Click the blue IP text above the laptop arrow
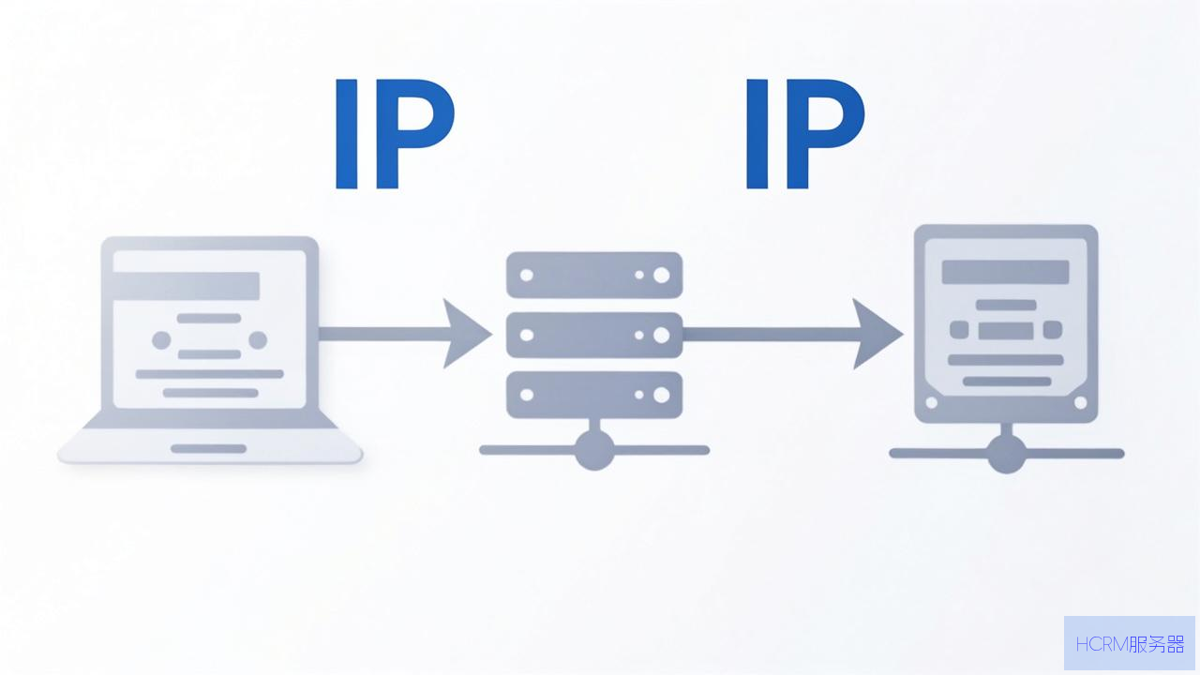395,134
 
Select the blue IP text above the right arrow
805,134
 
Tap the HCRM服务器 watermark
1130,644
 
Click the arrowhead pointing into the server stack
464,334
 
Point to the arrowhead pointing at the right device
876,334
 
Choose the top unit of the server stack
594,275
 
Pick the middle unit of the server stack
594,335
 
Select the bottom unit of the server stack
594,395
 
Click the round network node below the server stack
594,451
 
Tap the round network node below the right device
1007,454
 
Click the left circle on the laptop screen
161,340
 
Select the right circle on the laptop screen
258,340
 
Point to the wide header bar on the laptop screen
187,286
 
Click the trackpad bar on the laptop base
208,448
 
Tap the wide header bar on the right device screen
1006,272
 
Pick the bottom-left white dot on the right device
932,403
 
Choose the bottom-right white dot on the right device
1081,403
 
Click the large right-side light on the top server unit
662,275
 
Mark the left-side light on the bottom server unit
527,395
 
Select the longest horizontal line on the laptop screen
209,374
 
